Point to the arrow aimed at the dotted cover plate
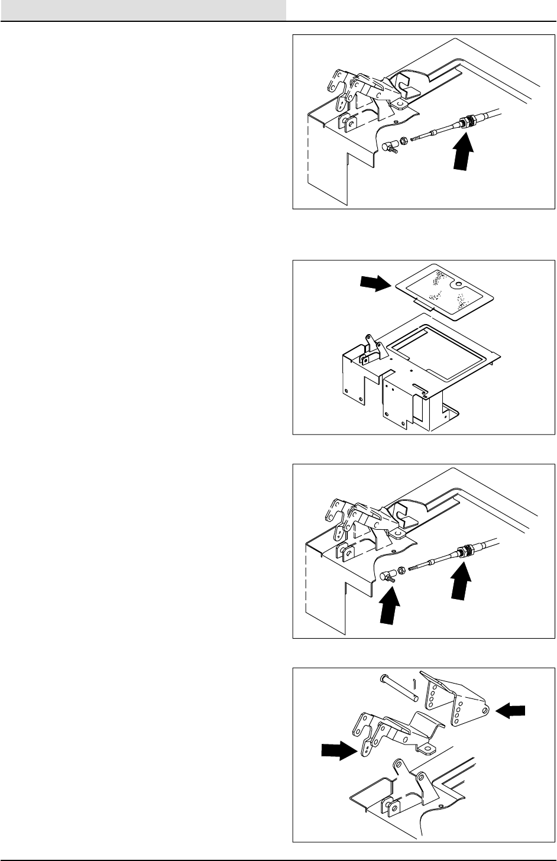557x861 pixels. click(375, 284)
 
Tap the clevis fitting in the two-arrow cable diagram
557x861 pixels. click(388, 575)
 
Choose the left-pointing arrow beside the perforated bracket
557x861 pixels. click(510, 714)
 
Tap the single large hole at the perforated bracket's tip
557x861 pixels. click(484, 707)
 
